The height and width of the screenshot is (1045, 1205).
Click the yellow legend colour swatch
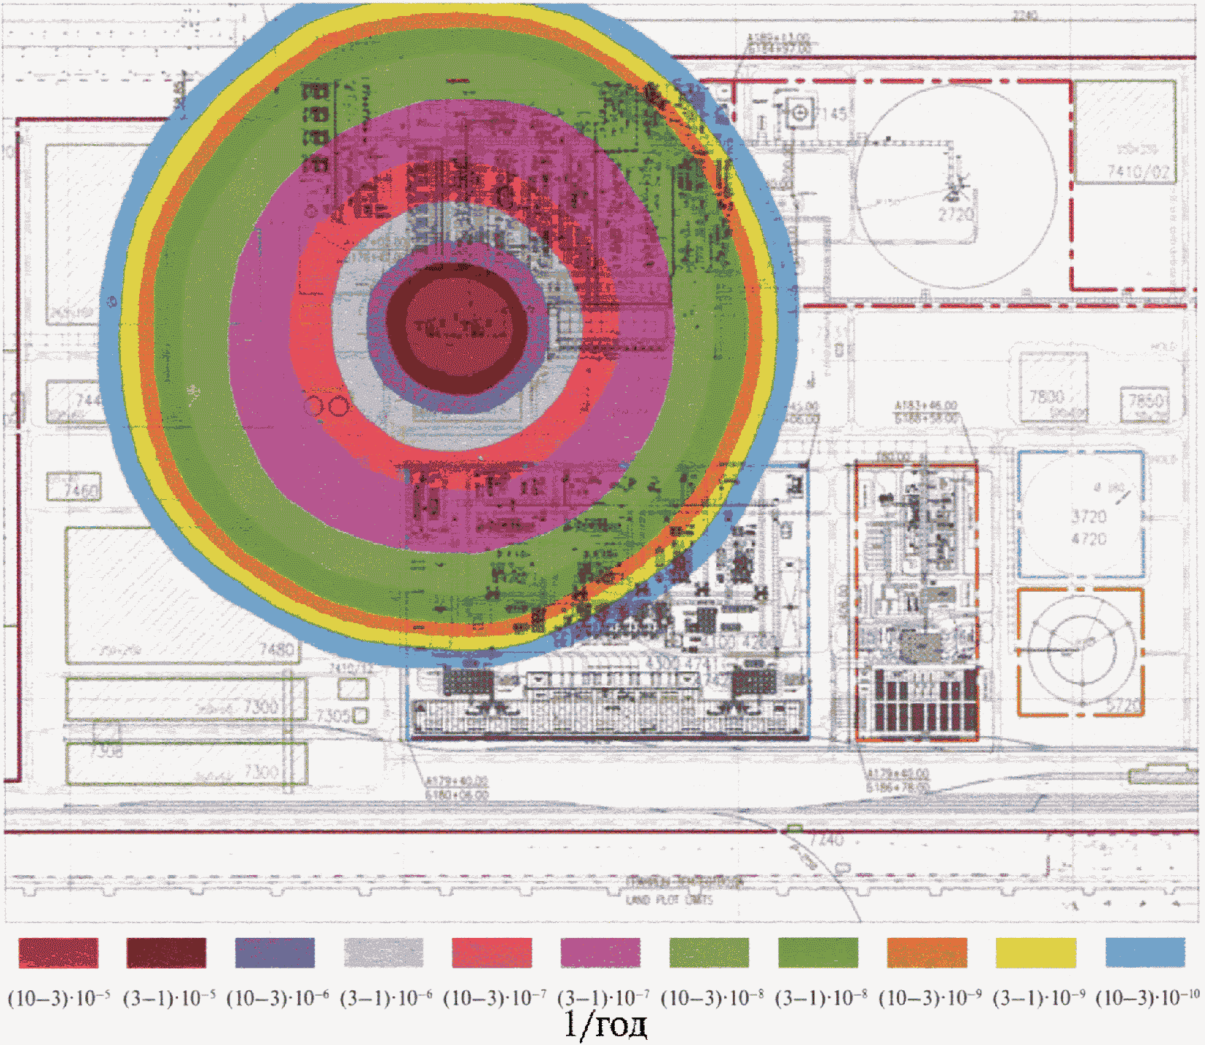(x=1035, y=952)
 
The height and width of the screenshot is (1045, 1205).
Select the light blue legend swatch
(x=1145, y=952)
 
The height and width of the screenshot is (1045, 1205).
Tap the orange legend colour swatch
(x=927, y=952)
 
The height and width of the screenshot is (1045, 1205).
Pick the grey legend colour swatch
(x=383, y=952)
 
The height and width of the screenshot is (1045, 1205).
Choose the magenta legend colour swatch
(x=600, y=952)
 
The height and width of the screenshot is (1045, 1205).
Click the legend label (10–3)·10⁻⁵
(x=58, y=998)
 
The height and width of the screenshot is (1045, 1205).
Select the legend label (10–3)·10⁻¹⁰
(x=1147, y=998)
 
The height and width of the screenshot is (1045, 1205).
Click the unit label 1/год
(x=605, y=1025)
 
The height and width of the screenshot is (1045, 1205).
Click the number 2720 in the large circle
(x=955, y=215)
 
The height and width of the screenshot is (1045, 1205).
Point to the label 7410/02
(x=1138, y=172)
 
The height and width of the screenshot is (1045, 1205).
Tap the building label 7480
(x=277, y=649)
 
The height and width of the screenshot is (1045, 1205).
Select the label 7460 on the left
(x=81, y=490)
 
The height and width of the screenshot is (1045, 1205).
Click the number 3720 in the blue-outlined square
(x=1088, y=517)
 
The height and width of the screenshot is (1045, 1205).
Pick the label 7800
(x=1046, y=397)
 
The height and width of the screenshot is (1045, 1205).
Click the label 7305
(x=334, y=716)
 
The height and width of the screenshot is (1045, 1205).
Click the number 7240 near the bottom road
(x=826, y=840)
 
